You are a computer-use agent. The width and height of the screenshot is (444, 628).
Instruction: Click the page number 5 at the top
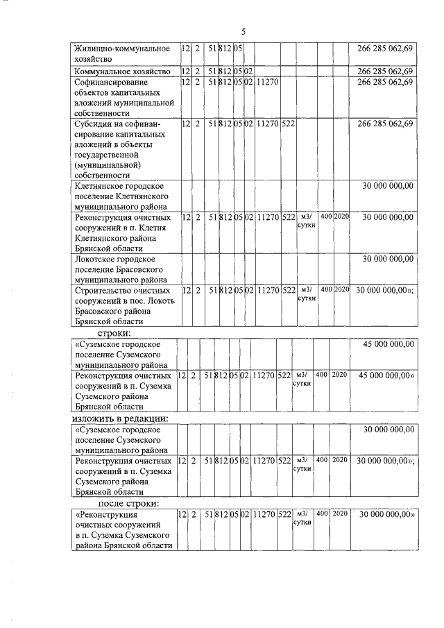[244, 31]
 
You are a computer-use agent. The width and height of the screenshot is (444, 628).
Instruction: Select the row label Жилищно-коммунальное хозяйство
[122, 54]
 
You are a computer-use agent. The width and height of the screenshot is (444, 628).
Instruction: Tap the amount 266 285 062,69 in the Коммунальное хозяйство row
[385, 71]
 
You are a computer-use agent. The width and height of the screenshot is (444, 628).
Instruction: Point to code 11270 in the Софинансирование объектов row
[267, 83]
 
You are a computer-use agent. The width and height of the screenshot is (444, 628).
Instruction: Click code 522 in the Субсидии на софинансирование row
[289, 124]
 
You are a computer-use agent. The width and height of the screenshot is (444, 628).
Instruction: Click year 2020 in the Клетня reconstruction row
[340, 217]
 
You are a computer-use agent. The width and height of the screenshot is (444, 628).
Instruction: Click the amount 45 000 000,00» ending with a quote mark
[386, 375]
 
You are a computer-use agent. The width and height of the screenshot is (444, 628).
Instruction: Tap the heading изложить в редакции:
[121, 418]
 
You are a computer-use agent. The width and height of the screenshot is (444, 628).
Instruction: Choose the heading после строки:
[129, 503]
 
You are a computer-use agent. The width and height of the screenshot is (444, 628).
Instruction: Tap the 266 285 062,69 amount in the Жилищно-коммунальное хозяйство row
[385, 49]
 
